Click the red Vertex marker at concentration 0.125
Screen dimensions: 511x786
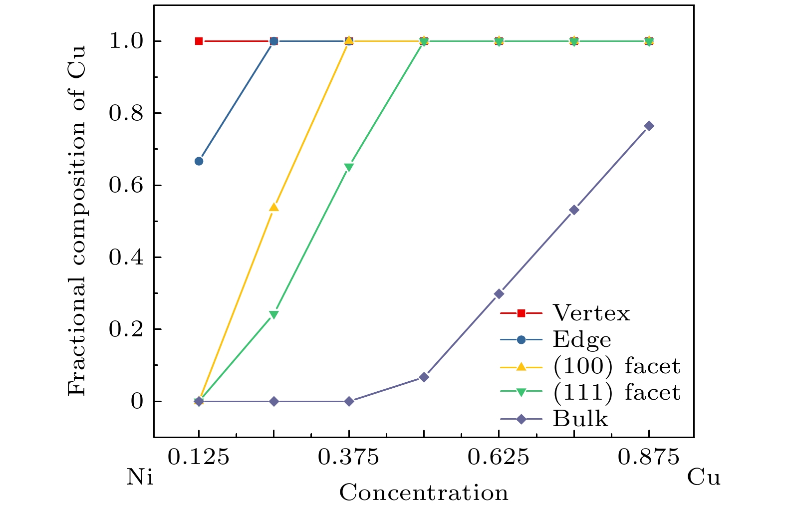pyautogui.click(x=199, y=41)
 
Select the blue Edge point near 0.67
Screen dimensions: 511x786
pyautogui.click(x=199, y=161)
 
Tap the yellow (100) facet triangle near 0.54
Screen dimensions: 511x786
pyautogui.click(x=273, y=207)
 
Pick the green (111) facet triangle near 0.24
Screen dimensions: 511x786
pyautogui.click(x=273, y=315)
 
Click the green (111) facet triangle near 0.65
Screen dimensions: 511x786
pyautogui.click(x=349, y=167)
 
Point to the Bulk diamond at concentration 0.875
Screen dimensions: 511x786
pyautogui.click(x=649, y=126)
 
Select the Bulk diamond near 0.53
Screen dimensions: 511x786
pyautogui.click(x=574, y=210)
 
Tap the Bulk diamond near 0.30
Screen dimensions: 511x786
pyautogui.click(x=499, y=294)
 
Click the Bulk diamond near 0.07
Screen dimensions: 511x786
pyautogui.click(x=424, y=377)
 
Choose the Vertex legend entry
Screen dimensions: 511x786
pyautogui.click(x=591, y=313)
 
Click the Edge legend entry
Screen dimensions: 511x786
pyautogui.click(x=582, y=340)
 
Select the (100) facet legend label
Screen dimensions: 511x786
pyautogui.click(x=616, y=366)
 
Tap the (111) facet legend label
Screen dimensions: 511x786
pyautogui.click(x=616, y=393)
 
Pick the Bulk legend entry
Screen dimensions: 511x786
pyautogui.click(x=580, y=419)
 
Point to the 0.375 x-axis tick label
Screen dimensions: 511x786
pyautogui.click(x=349, y=457)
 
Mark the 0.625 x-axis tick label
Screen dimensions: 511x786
pyautogui.click(x=499, y=457)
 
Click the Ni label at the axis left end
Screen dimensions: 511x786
pyautogui.click(x=140, y=478)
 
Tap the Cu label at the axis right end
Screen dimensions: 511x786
pyautogui.click(x=704, y=478)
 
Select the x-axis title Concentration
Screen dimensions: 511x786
pyautogui.click(x=424, y=493)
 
